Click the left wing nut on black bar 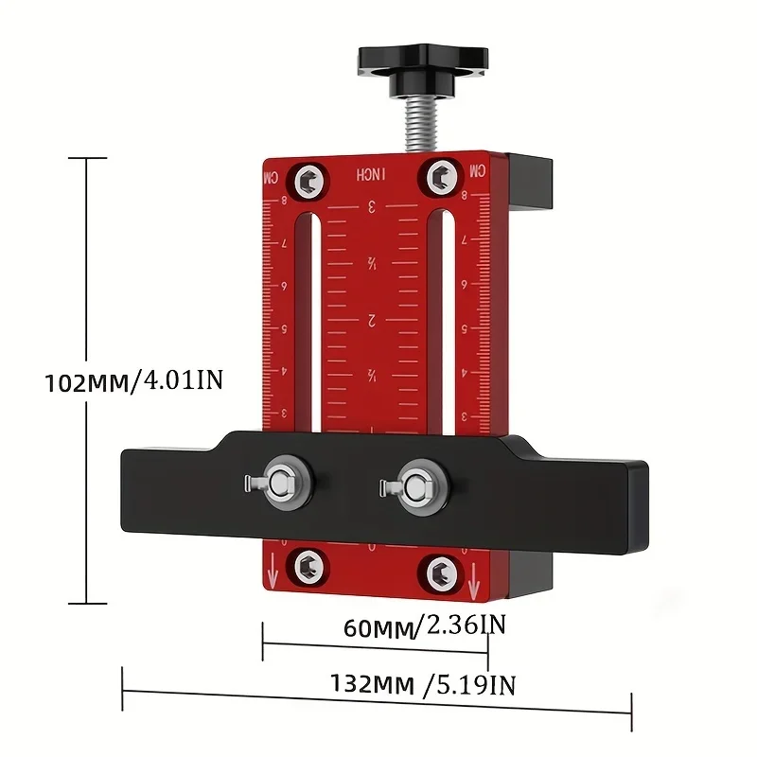tap(280, 482)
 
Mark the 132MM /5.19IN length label tap(423, 683)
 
